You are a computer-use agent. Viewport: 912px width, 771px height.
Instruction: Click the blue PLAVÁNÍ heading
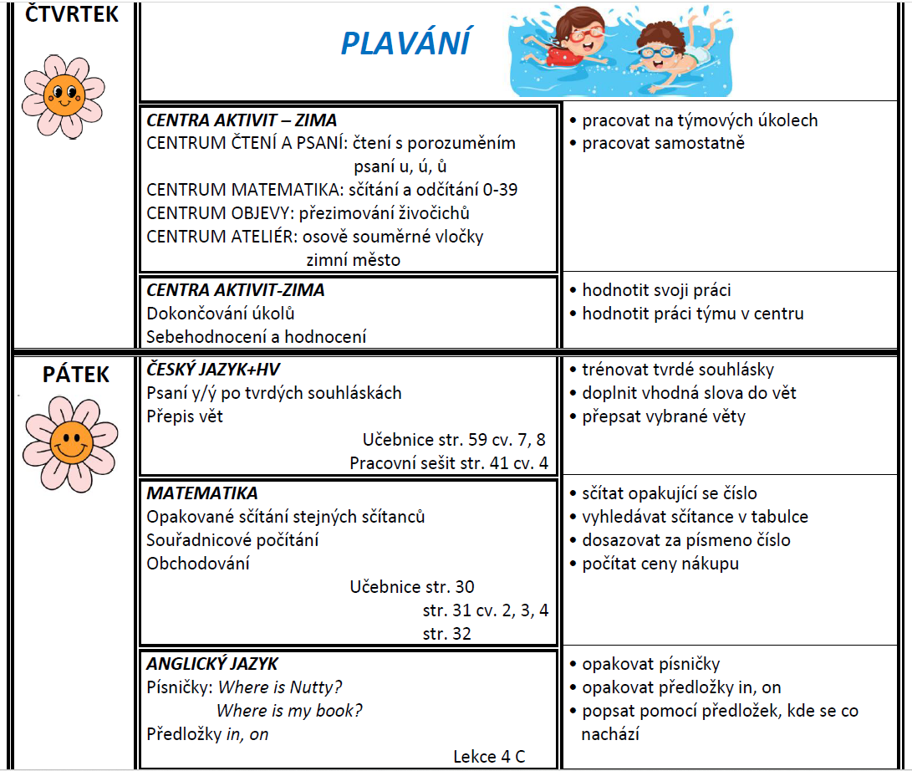[405, 43]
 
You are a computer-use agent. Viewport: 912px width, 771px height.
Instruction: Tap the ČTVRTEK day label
[73, 14]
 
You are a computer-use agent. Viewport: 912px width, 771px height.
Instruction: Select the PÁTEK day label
[76, 375]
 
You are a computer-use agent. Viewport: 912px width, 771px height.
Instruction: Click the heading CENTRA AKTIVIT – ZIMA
[242, 120]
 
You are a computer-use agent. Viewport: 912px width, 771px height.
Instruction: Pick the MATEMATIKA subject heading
[202, 493]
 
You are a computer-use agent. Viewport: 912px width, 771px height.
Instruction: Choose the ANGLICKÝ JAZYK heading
[212, 664]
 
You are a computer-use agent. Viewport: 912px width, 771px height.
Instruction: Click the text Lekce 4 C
[489, 757]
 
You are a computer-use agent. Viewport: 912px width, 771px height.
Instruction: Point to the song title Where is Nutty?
[280, 687]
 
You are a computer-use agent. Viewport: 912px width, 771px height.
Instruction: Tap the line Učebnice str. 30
[412, 587]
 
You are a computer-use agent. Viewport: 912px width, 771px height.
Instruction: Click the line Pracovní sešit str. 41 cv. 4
[449, 463]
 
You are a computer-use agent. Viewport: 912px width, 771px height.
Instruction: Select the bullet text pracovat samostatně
[663, 143]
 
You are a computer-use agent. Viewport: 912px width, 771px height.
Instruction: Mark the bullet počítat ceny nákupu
[660, 564]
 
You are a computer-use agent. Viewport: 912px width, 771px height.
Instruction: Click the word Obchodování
[198, 564]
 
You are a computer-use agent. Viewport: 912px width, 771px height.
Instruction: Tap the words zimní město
[354, 260]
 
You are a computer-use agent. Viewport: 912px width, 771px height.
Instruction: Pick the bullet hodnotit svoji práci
[656, 290]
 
